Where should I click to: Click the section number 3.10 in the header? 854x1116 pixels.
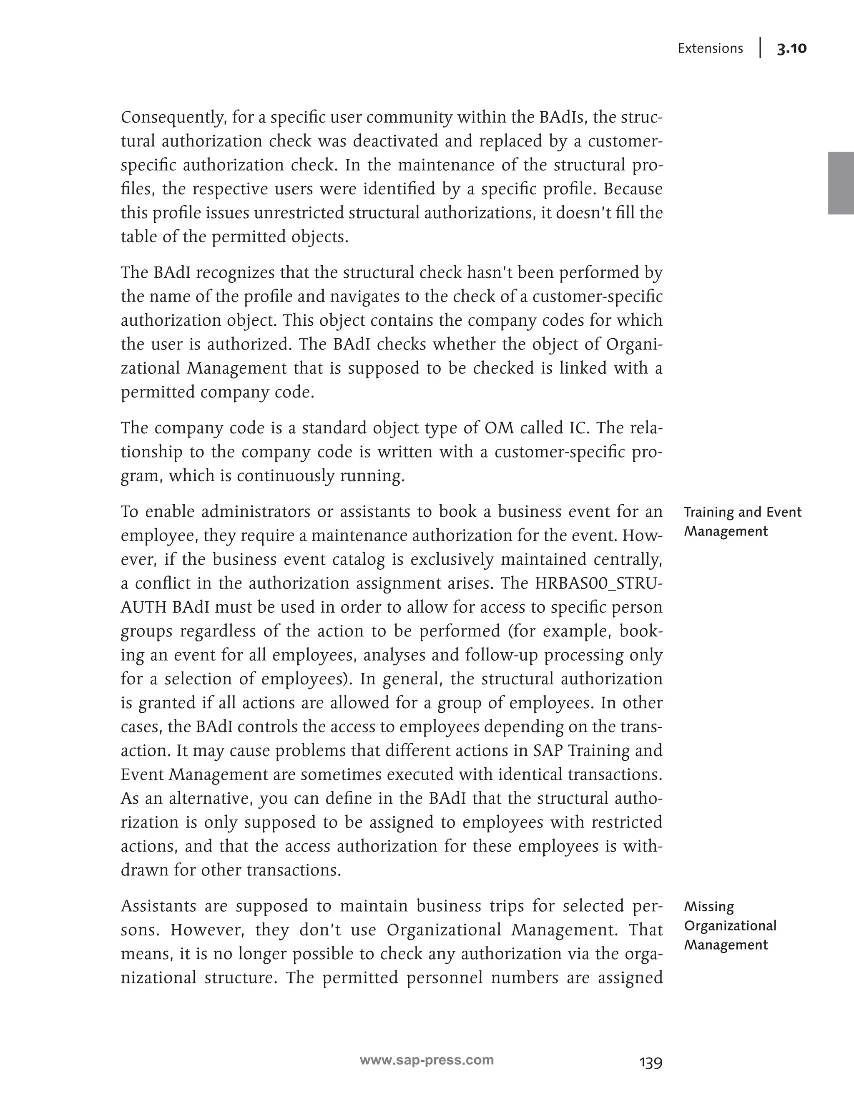tap(791, 49)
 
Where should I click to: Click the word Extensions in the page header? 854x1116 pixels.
tap(710, 49)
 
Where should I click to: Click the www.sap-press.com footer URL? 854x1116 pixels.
tap(427, 1060)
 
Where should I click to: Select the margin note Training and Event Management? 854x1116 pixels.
tap(742, 522)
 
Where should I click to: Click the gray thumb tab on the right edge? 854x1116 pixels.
tap(841, 183)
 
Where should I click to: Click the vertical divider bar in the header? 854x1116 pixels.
tap(761, 48)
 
